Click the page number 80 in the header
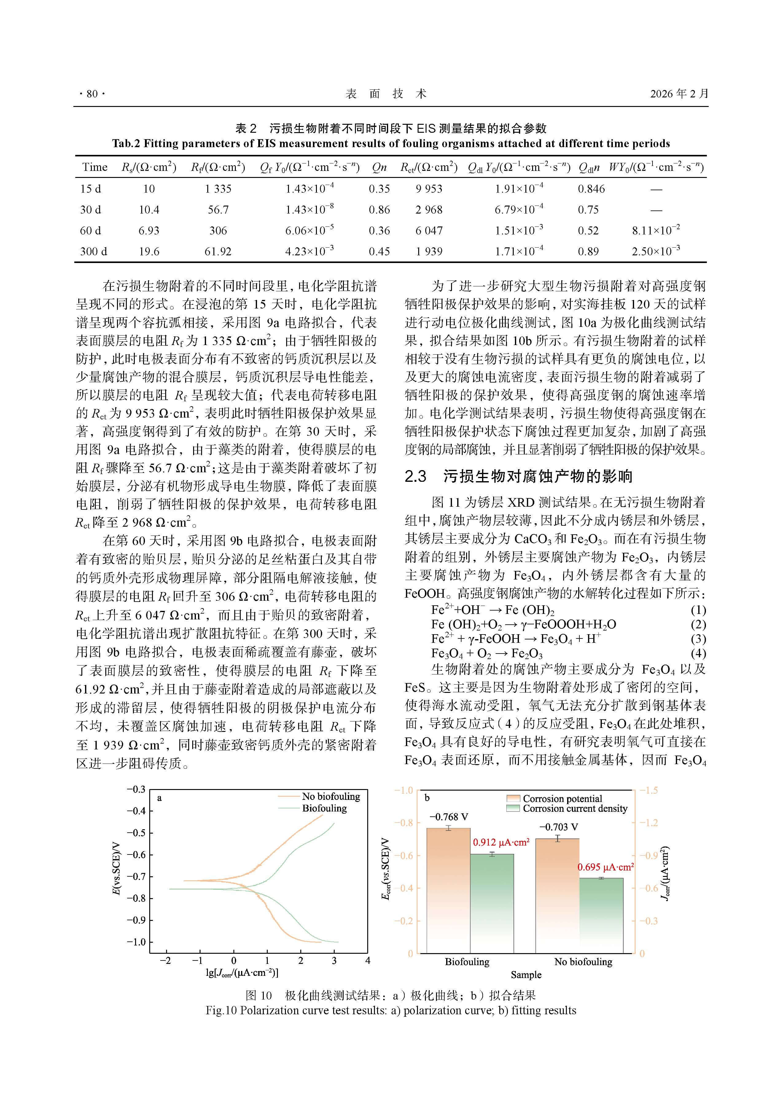coord(92,94)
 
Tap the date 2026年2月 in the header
coord(679,94)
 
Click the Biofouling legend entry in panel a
coord(324,808)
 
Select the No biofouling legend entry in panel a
coord(331,796)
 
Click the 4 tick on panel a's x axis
coord(367,961)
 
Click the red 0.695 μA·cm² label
coord(605,867)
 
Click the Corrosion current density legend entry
coord(575,809)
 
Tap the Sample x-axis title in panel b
coord(526,975)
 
